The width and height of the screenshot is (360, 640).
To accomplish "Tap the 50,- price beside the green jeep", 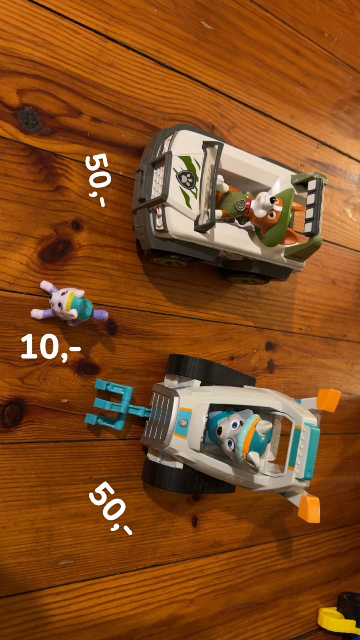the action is click(97, 180).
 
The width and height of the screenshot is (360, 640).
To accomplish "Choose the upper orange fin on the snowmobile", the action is click(328, 400).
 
